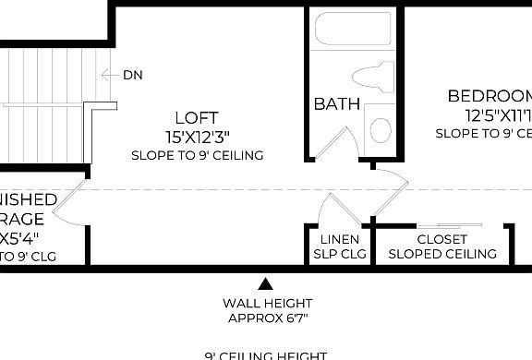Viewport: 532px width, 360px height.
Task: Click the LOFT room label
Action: pos(197,117)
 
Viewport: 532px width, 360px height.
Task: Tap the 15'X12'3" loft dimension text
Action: pos(197,137)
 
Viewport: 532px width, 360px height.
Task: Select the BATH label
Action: pos(336,104)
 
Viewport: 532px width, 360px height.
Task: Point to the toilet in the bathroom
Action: pos(373,78)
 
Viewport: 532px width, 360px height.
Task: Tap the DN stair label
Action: pos(133,75)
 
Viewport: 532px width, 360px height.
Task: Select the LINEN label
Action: pos(341,239)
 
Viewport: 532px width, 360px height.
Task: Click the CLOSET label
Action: pos(441,239)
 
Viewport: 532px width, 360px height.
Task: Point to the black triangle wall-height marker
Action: pos(266,283)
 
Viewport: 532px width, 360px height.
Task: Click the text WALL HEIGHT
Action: pos(267,303)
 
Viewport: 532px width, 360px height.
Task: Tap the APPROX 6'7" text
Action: pos(267,318)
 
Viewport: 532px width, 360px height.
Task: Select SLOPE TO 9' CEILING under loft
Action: pos(197,155)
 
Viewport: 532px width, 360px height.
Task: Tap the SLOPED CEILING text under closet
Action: pos(442,254)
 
